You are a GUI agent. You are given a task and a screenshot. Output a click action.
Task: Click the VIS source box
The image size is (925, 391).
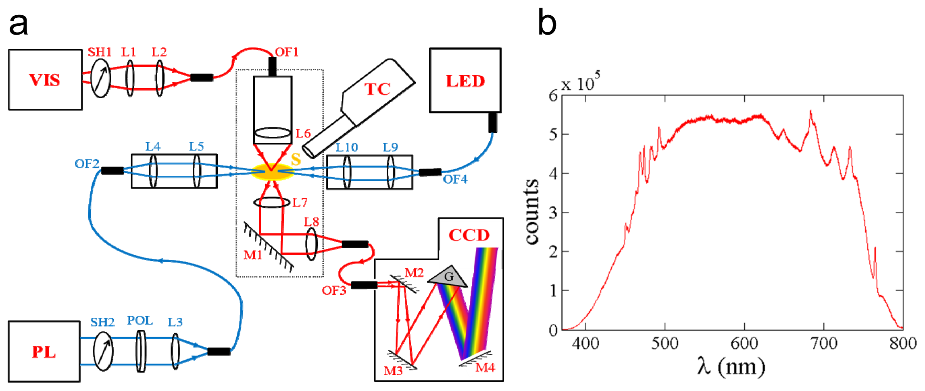pyautogui.click(x=45, y=80)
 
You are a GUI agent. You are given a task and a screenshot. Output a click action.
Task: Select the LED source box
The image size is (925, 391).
pyautogui.click(x=465, y=81)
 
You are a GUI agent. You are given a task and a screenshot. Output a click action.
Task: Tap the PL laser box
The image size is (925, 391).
pyautogui.click(x=44, y=352)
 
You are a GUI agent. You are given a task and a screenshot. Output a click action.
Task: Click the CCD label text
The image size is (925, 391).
pyautogui.click(x=469, y=235)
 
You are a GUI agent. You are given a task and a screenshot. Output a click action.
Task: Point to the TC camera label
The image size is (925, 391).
pyautogui.click(x=377, y=89)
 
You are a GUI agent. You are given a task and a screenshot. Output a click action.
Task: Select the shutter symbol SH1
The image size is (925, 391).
pyautogui.click(x=100, y=78)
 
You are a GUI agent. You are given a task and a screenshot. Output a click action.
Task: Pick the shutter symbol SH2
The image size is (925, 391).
pyautogui.click(x=103, y=351)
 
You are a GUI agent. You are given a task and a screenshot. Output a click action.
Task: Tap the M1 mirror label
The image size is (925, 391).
pyautogui.click(x=253, y=255)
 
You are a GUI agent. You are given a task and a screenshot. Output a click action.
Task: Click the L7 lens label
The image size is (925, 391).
pyautogui.click(x=300, y=202)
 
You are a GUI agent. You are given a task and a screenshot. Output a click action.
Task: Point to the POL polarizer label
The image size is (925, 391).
pyautogui.click(x=140, y=321)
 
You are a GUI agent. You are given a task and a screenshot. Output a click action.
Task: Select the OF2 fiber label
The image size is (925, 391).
pyautogui.click(x=87, y=164)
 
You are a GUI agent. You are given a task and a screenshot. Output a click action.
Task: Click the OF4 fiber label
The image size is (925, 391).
pyautogui.click(x=455, y=179)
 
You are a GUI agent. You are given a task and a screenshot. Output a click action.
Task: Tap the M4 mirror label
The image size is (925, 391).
pyautogui.click(x=485, y=368)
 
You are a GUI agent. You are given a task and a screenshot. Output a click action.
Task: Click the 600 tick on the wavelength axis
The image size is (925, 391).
pyautogui.click(x=744, y=343)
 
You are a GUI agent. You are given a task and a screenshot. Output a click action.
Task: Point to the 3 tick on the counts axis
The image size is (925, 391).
pyautogui.click(x=553, y=213)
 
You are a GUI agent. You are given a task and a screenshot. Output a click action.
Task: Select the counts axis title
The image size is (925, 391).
pyautogui.click(x=532, y=211)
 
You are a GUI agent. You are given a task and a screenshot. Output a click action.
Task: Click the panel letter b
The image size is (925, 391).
pyautogui.click(x=547, y=23)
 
